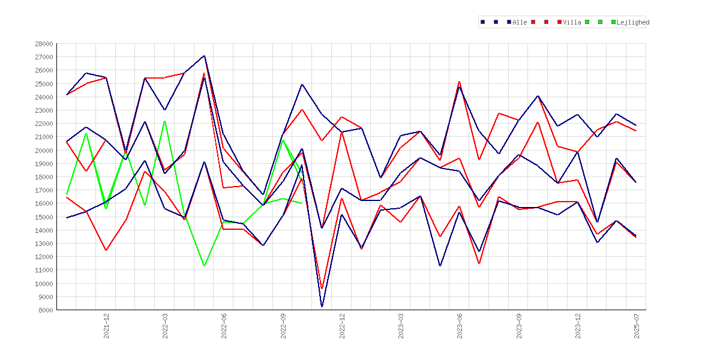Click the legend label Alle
[520, 22]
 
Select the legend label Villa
[572, 22]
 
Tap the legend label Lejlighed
[633, 22]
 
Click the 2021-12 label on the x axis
[107, 326]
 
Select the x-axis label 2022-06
[224, 326]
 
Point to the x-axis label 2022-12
[342, 326]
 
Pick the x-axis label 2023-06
[460, 326]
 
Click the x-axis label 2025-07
[637, 326]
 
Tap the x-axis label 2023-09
[519, 326]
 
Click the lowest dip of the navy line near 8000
[322, 307]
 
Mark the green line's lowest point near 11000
[204, 266]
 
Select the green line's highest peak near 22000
[165, 121]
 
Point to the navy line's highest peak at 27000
[204, 56]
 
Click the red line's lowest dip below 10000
[322, 289]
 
